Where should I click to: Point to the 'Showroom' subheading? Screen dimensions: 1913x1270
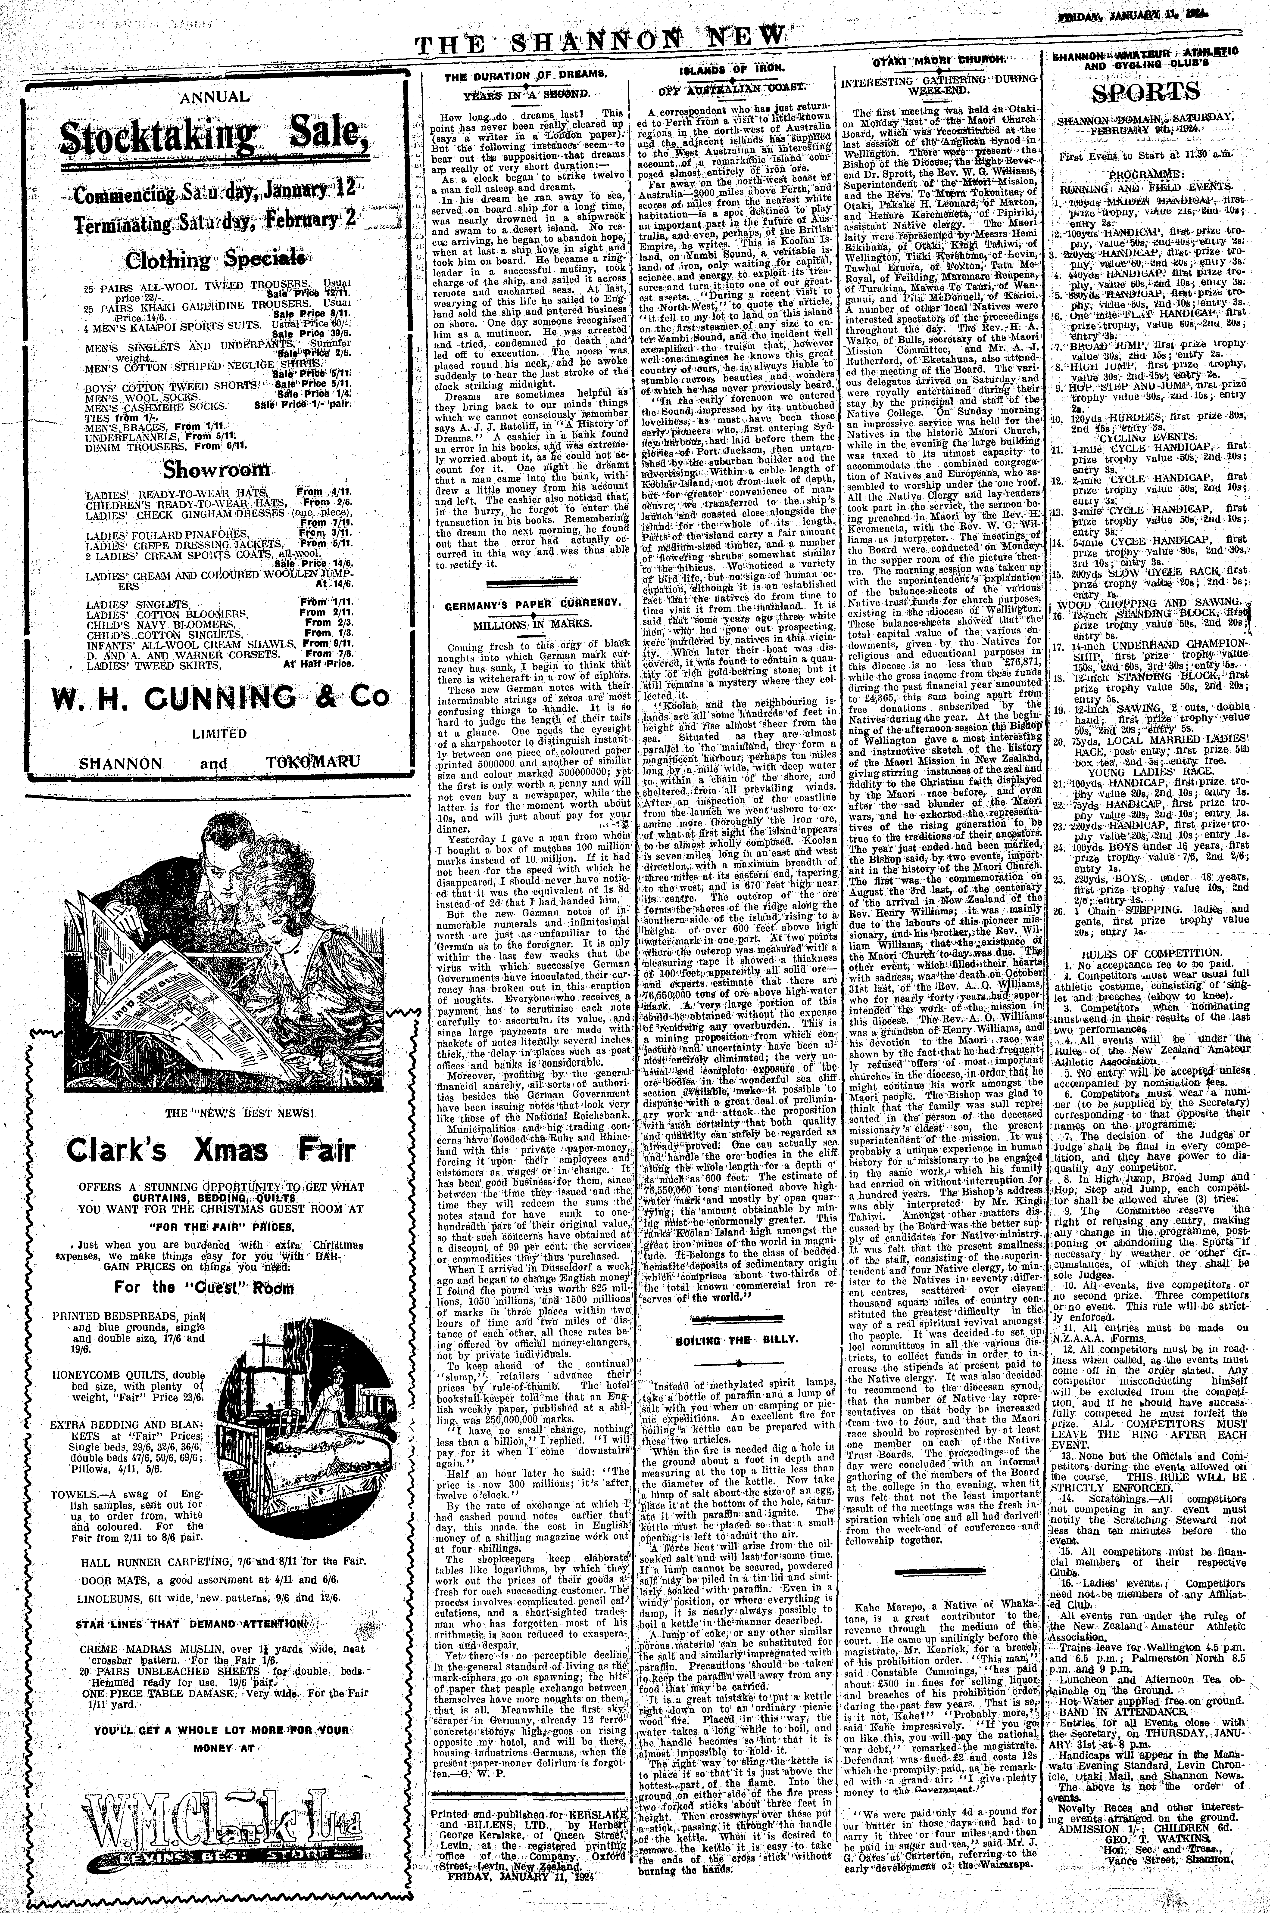215,469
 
